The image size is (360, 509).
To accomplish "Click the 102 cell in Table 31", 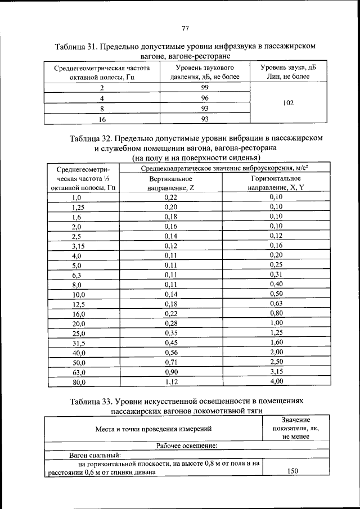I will (288, 103).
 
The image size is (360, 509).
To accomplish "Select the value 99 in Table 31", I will (205, 88).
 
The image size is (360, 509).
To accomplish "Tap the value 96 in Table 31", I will (205, 98).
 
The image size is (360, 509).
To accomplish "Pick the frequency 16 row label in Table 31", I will (102, 119).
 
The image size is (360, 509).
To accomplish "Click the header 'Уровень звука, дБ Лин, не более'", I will (288, 71).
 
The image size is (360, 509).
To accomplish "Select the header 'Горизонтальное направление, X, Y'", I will (276, 183).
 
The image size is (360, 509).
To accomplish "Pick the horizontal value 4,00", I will (276, 382).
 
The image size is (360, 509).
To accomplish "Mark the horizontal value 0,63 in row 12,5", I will (276, 304).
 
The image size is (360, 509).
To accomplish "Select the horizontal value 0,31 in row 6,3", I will (276, 274).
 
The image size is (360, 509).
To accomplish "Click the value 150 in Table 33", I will (292, 472).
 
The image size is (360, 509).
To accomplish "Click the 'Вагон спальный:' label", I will (92, 455).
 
